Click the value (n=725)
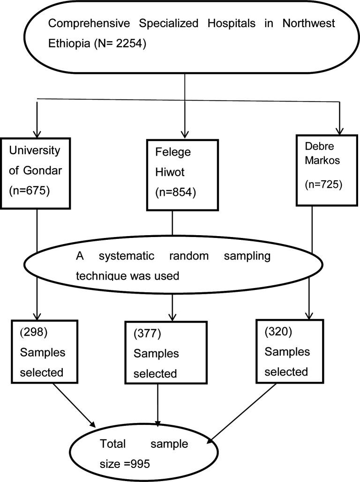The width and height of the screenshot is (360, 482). coord(324,185)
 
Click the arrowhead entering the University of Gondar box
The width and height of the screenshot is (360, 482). coord(36,133)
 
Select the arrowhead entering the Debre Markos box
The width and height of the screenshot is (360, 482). coord(338,130)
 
